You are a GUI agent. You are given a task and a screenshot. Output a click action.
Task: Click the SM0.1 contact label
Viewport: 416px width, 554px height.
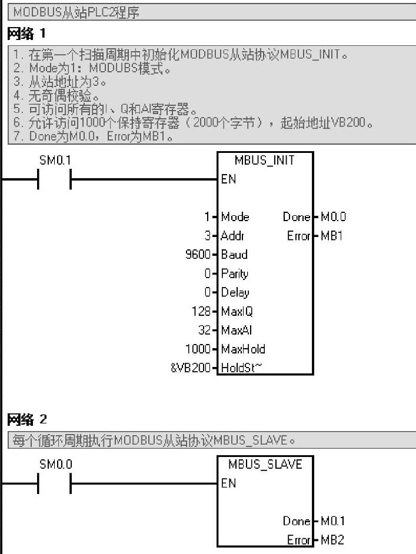pos(55,160)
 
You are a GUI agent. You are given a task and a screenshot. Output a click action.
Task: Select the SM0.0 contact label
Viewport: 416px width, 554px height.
pos(55,464)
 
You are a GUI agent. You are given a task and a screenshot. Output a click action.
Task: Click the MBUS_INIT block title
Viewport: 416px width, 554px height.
pos(265,161)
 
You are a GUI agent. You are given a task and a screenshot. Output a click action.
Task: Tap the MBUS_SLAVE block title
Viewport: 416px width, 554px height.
pos(265,465)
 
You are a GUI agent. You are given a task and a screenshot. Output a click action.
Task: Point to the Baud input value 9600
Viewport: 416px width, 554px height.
pos(201,255)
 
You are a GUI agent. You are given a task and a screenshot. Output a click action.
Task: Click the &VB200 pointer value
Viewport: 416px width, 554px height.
pos(192,368)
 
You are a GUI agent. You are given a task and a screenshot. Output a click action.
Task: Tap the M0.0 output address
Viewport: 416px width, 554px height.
pos(333,217)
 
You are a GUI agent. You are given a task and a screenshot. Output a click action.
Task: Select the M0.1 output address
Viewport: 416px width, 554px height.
pos(333,521)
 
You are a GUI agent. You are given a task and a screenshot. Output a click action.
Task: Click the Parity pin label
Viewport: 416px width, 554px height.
pos(235,273)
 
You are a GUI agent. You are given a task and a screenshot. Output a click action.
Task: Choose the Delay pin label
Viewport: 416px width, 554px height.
pos(235,292)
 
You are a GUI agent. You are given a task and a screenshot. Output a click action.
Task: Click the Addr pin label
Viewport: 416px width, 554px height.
pos(233,236)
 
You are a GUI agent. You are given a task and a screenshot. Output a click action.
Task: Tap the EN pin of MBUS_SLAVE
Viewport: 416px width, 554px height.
pos(228,483)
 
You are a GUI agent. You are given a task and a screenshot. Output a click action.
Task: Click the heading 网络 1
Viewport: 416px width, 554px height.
pos(26,35)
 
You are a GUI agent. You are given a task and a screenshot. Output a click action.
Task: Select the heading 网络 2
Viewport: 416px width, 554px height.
pos(26,419)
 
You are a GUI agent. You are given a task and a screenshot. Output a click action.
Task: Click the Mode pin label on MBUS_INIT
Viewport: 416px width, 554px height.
pos(235,217)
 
